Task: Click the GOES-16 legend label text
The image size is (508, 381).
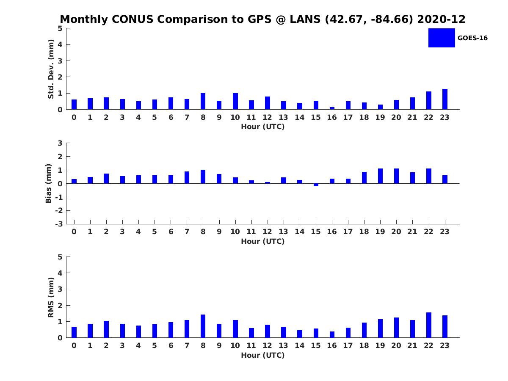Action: (x=472, y=38)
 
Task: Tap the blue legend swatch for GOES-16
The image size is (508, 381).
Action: (x=441, y=38)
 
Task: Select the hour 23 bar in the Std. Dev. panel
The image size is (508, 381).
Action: (x=445, y=99)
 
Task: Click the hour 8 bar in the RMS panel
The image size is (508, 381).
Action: (x=203, y=326)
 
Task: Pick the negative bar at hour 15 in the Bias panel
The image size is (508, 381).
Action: (x=316, y=185)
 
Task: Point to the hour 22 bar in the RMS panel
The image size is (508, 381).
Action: (x=429, y=325)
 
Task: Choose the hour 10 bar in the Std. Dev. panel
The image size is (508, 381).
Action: (x=235, y=102)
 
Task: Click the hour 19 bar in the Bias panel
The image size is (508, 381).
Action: (x=380, y=176)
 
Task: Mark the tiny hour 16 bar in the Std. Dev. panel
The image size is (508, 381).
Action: (x=332, y=108)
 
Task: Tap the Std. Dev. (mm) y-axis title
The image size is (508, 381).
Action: (x=51, y=69)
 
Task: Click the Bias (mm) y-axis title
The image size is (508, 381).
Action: (x=49, y=183)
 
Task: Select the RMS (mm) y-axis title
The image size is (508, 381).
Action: (x=51, y=297)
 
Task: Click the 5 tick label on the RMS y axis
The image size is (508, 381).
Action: (x=60, y=257)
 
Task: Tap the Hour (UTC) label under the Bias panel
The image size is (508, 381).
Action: (x=262, y=242)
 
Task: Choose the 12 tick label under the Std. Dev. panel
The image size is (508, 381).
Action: (x=267, y=118)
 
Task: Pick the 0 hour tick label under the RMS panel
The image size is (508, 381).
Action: (x=74, y=346)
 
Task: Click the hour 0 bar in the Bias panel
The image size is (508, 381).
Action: (x=74, y=181)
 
